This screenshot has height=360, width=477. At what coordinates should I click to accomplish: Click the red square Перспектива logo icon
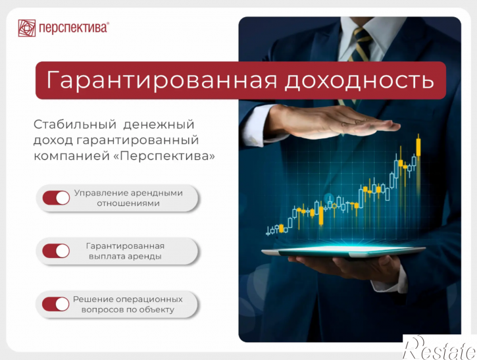click(x=27, y=28)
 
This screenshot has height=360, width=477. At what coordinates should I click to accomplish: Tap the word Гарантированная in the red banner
click(x=162, y=80)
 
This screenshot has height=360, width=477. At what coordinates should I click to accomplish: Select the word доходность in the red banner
click(x=359, y=81)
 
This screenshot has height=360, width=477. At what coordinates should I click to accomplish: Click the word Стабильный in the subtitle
click(x=75, y=124)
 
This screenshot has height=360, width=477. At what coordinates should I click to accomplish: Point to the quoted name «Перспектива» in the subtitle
click(x=168, y=156)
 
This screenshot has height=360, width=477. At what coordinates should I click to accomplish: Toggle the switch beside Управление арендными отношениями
click(x=57, y=198)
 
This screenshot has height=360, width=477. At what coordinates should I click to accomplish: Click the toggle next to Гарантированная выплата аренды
click(x=57, y=251)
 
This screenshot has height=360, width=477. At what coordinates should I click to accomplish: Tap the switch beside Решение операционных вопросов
click(x=57, y=304)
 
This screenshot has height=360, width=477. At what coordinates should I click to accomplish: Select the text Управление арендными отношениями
click(x=128, y=198)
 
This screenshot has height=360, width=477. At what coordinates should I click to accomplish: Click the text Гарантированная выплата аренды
click(x=125, y=251)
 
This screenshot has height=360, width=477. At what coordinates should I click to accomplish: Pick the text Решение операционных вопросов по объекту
click(x=128, y=304)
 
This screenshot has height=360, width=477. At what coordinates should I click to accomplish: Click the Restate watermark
click(x=439, y=347)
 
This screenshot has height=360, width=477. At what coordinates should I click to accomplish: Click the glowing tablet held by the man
click(x=343, y=251)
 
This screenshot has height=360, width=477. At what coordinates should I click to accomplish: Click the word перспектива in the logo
click(x=74, y=28)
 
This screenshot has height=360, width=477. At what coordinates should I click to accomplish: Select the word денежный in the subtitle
click(x=159, y=125)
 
